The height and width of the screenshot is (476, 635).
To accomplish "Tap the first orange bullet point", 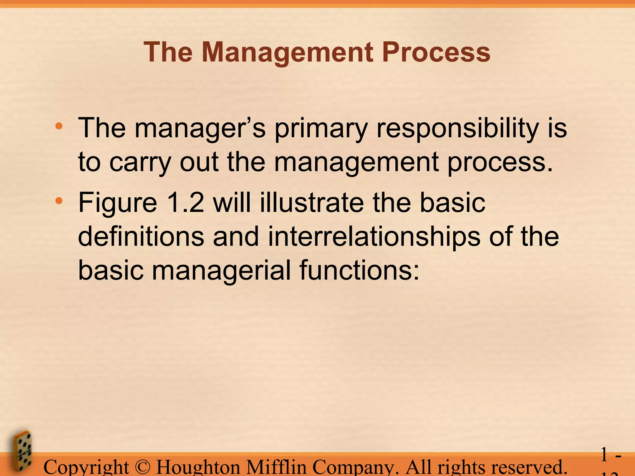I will click(59, 126).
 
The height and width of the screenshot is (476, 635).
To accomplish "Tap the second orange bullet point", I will click(59, 201).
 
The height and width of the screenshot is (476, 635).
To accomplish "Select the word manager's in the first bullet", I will click(200, 128).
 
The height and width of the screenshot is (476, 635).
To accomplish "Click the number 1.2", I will click(185, 203).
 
